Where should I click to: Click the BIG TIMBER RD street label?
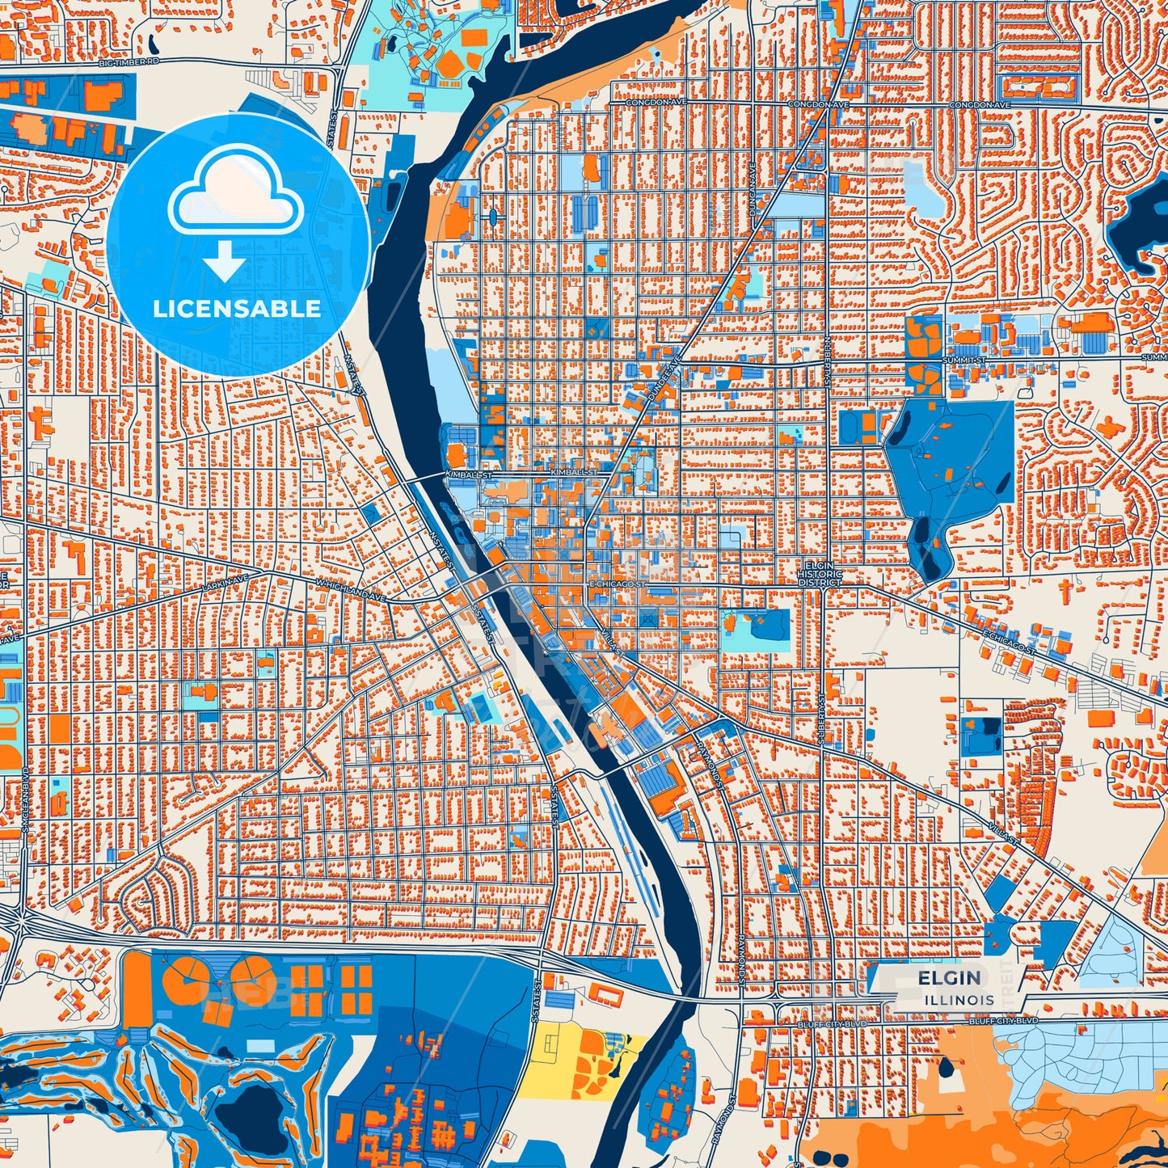tap(129, 61)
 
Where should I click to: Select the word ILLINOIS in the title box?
tap(960, 1000)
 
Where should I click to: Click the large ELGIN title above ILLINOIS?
tap(949, 978)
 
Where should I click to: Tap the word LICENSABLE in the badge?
tap(237, 308)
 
